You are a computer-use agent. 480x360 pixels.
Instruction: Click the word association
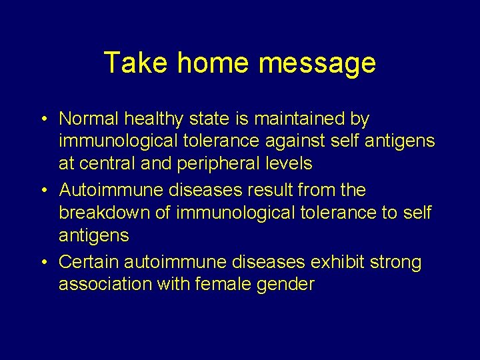coord(105,285)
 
